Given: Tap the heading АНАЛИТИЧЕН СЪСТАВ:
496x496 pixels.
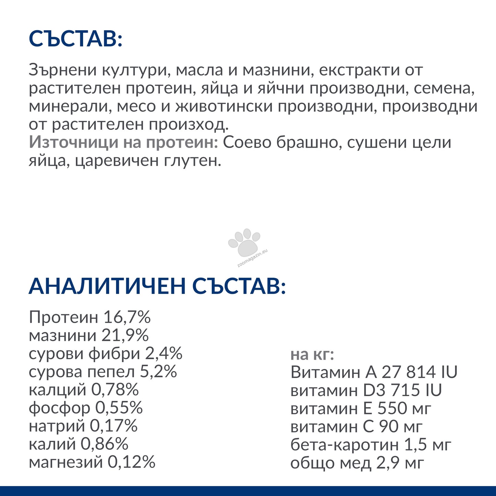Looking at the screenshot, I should [157, 286].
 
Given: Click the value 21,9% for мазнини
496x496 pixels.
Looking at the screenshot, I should [125, 335].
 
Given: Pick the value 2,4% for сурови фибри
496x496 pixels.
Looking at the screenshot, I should [163, 354].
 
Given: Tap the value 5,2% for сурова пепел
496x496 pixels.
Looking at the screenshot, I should [158, 372].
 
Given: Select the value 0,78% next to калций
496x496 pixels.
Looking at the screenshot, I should [115, 390].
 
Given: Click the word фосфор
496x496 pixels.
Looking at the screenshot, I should [59, 408].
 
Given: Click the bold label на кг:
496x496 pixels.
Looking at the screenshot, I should [312, 355].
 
